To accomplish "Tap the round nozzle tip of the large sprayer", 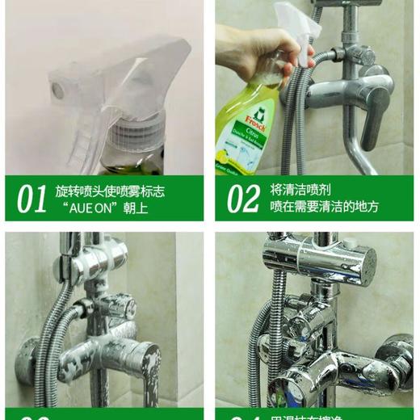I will (57, 90).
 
